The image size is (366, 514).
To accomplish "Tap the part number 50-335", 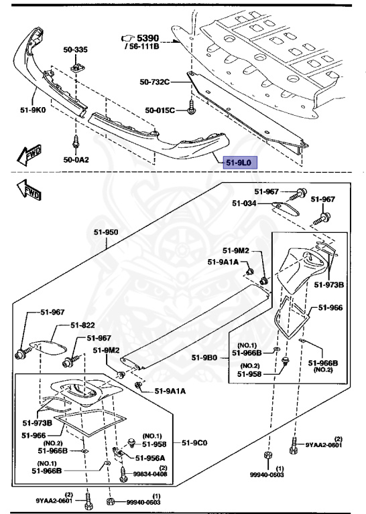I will [76, 50].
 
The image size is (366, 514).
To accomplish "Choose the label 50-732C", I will [156, 82].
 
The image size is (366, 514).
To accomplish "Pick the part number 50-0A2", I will [76, 160].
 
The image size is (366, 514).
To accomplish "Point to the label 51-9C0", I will [195, 442].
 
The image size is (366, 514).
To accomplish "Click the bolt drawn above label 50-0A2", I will [75, 142].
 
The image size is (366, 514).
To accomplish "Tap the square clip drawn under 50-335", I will [76, 68].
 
